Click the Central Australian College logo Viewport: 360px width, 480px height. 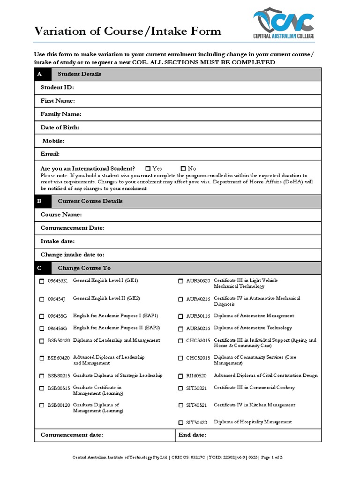[x=284, y=24]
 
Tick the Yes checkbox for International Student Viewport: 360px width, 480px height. [x=148, y=168]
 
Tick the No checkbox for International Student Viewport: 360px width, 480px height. [x=183, y=168]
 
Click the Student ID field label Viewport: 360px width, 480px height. [x=57, y=88]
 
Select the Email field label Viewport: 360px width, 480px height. [x=50, y=154]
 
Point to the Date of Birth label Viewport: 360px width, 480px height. [x=60, y=127]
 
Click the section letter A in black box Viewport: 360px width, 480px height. [x=40, y=74]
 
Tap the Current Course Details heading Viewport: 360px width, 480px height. [x=90, y=201]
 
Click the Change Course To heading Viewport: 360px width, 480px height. [x=84, y=268]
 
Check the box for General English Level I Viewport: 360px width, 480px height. [x=41, y=281]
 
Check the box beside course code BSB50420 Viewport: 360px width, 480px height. [x=41, y=341]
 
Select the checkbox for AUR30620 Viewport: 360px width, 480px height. [x=180, y=281]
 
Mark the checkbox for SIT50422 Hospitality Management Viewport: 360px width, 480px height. [x=180, y=422]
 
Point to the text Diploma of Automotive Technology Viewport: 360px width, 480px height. [x=253, y=328]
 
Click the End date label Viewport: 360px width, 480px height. [x=193, y=435]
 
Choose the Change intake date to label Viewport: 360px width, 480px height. [x=72, y=255]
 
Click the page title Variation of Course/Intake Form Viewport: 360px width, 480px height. [x=127, y=31]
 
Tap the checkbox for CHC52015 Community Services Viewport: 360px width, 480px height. [x=180, y=358]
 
